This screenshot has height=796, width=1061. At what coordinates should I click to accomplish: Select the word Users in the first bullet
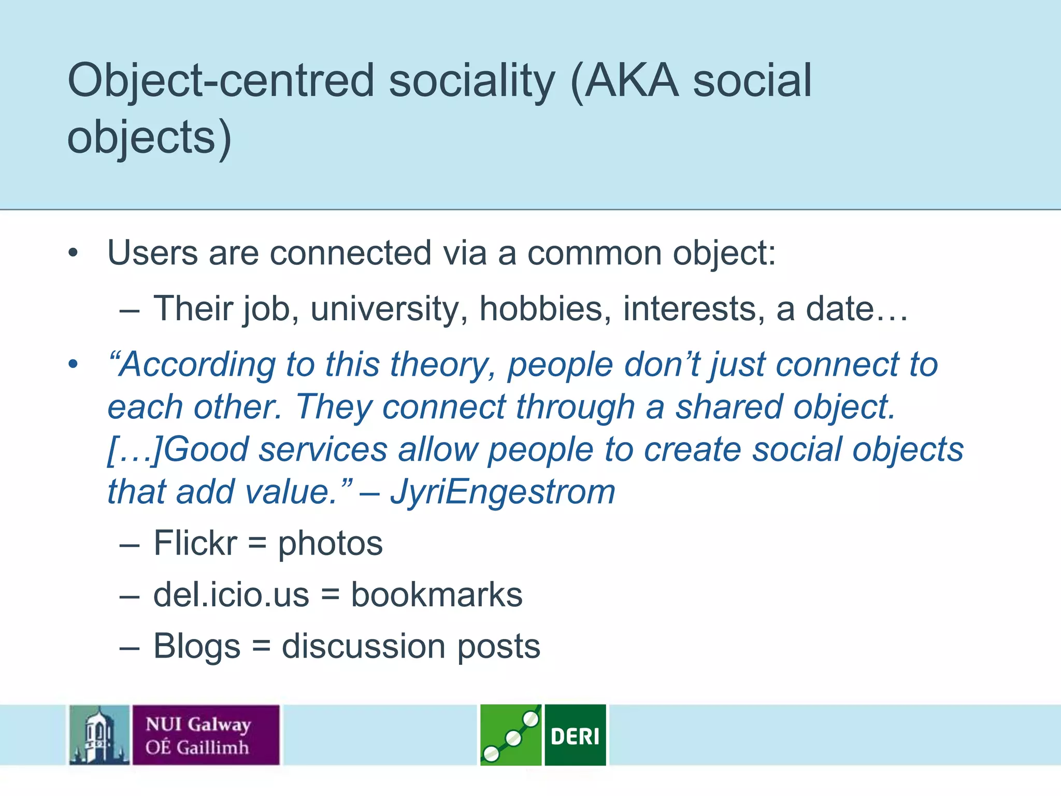coord(153,253)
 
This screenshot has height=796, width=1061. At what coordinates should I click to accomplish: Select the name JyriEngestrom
coord(503,492)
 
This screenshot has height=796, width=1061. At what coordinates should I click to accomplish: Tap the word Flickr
coord(195,543)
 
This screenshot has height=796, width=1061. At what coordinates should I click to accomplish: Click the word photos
coord(330,544)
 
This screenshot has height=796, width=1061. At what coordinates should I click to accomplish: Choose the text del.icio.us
coord(231,594)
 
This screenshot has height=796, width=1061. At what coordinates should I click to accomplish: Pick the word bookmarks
coord(436,594)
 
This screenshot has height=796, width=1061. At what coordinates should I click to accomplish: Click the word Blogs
coord(197,647)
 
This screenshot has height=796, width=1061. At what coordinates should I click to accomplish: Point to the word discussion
coord(363,646)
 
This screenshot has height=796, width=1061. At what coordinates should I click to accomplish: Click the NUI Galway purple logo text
coord(206,735)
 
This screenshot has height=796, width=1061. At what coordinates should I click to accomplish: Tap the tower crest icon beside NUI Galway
coord(99,735)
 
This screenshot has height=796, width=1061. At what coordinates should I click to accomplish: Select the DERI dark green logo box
coord(575,735)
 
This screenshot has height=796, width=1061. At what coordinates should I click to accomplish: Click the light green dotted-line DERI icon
coord(510,735)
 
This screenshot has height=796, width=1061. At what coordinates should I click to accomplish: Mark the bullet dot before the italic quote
coord(73,364)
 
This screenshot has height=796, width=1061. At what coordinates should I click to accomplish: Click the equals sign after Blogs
coord(261,647)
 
